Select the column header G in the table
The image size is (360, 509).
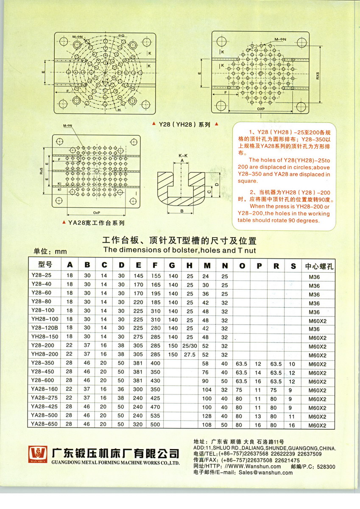173,266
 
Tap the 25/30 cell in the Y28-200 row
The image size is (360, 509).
190,346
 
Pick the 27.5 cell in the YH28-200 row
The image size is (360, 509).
190,355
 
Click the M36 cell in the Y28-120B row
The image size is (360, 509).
314,329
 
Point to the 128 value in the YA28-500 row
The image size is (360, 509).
207,417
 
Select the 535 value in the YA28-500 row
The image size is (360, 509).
156,417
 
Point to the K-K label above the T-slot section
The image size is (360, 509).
183,156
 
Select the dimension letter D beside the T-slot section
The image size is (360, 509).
217,185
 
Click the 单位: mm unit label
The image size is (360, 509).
50,252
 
